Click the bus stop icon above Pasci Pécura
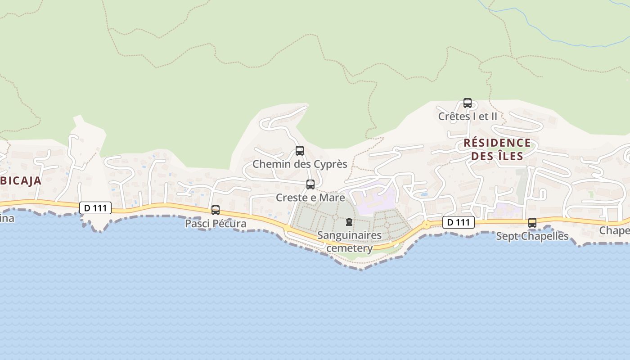(216, 210)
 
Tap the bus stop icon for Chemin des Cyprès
(300, 151)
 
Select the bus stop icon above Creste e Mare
(310, 184)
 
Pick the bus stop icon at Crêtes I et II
(468, 103)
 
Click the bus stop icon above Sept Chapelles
(532, 222)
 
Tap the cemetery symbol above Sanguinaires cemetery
(349, 222)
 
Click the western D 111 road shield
(95, 208)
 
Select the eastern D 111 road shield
(459, 222)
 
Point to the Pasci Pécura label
(216, 224)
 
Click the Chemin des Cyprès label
(300, 164)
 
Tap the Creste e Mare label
(310, 198)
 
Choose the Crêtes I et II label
(468, 116)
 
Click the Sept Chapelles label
(532, 236)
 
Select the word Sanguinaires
(350, 235)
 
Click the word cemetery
(350, 248)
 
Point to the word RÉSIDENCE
(497, 143)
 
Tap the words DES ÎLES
(497, 156)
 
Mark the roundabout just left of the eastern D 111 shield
(426, 224)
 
